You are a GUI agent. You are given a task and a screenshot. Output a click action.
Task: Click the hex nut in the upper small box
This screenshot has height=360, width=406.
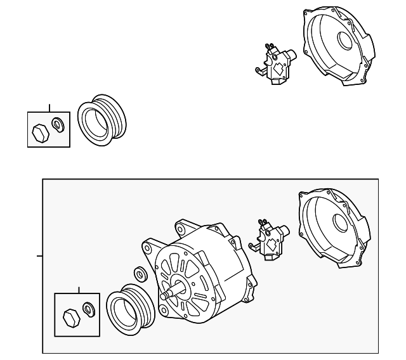(x=39, y=132)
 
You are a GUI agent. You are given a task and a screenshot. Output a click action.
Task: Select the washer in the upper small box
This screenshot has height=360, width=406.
(x=58, y=125)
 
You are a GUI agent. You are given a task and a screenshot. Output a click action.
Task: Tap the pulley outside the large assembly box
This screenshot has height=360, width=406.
(x=102, y=120)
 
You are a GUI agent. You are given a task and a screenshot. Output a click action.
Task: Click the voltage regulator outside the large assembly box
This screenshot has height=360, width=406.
(x=277, y=64)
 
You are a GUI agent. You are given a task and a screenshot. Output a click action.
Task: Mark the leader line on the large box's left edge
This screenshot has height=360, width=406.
(x=39, y=257)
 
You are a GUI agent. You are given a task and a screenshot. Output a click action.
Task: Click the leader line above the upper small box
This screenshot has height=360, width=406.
(x=49, y=107)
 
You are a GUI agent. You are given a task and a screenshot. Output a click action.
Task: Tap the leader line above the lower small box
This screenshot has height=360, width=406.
(x=79, y=290)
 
